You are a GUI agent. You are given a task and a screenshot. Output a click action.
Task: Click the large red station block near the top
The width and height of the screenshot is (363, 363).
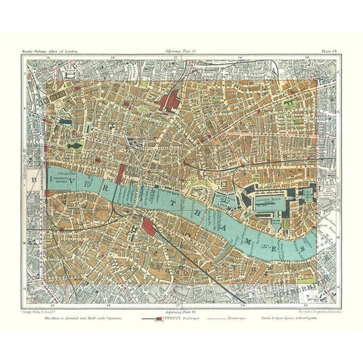tap(169, 99)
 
